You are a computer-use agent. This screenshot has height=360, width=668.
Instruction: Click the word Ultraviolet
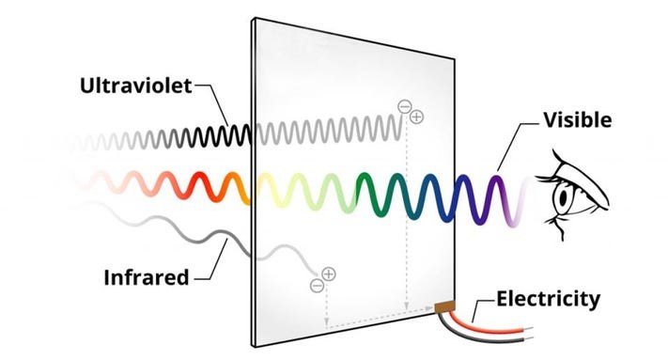pos(136,86)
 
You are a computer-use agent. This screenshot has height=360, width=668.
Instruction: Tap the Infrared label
pos(147,277)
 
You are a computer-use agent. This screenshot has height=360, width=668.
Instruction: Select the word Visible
pos(578,120)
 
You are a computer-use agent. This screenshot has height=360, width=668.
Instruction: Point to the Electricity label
pos(549,300)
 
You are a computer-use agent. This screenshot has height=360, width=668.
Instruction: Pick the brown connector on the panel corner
pos(444,306)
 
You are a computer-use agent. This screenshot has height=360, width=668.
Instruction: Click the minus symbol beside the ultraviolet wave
pos(404,106)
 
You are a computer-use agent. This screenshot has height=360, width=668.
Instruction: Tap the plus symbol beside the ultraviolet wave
pos(416,117)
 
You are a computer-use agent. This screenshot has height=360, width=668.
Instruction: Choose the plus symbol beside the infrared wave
pos(329,274)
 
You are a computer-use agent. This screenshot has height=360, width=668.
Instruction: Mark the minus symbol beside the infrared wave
pos(317,285)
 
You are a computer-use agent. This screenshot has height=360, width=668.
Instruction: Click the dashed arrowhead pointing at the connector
pos(429,307)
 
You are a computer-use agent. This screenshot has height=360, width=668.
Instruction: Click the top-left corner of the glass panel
pos(255,18)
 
